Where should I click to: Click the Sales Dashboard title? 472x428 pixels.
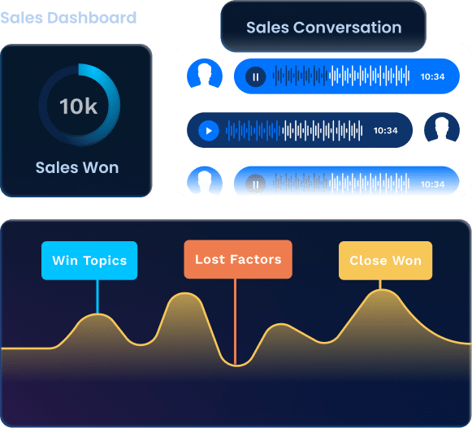tap(68, 18)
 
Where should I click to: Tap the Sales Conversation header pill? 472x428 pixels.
tap(323, 27)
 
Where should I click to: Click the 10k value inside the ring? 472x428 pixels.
tap(79, 106)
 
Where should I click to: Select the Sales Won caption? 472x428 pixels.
tap(77, 167)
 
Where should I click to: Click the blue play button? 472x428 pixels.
tap(208, 130)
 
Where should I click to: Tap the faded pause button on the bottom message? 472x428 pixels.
tap(256, 184)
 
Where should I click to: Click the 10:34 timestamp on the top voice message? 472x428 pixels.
tap(432, 76)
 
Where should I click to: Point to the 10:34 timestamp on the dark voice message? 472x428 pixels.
tap(386, 130)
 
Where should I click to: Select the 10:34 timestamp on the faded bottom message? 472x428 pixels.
tap(432, 184)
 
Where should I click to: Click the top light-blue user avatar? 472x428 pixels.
tap(205, 74)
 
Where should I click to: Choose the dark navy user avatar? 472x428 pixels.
tap(442, 128)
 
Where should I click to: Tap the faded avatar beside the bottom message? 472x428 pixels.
tap(205, 180)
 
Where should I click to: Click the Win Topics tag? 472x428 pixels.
tap(89, 261)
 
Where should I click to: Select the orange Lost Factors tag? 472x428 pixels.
tap(238, 259)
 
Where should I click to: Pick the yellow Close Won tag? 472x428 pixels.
tap(386, 261)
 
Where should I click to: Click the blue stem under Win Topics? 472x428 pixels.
tap(97, 296)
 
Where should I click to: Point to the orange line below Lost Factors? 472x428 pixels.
tap(235, 322)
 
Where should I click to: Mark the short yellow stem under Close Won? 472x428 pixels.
tap(380, 285)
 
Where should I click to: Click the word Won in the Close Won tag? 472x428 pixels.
tap(407, 261)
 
